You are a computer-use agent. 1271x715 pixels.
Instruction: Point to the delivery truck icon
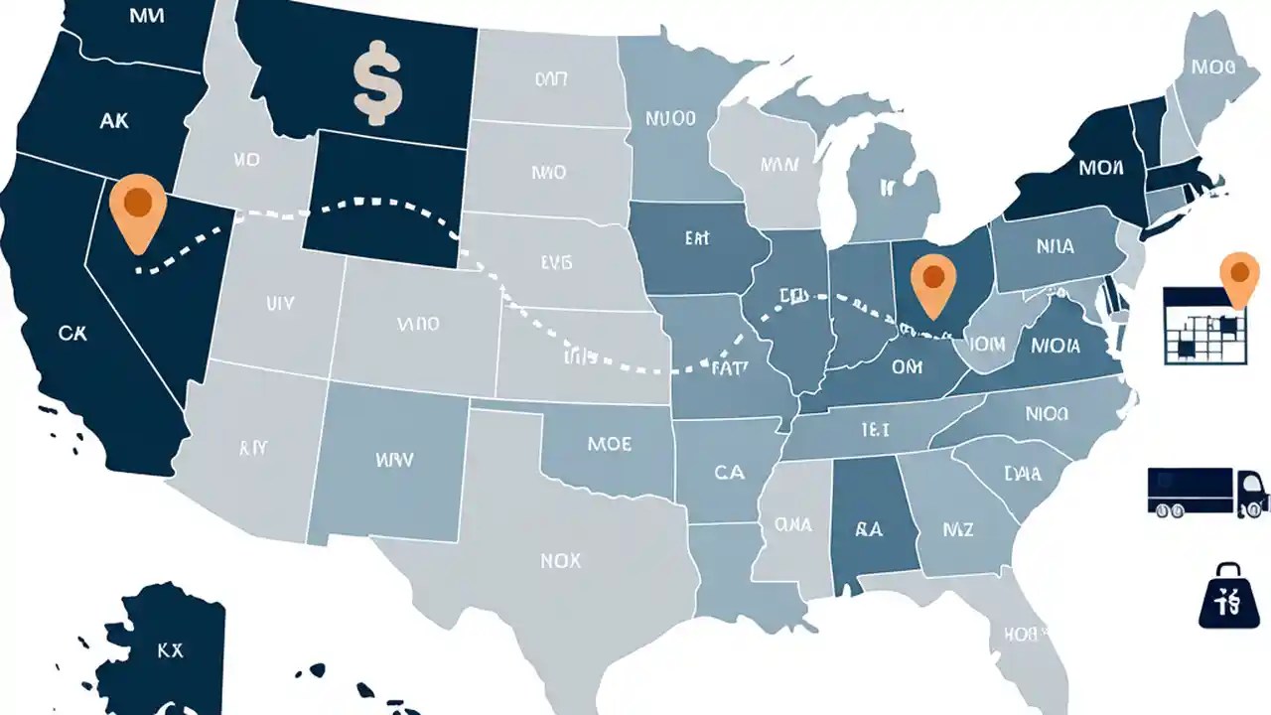click(x=1207, y=492)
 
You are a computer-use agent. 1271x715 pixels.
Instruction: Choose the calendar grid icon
click(x=1203, y=326)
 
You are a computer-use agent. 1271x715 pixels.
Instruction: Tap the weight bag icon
click(x=1229, y=596)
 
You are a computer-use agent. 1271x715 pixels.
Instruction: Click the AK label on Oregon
click(x=114, y=120)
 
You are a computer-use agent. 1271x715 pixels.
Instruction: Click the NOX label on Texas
click(x=560, y=561)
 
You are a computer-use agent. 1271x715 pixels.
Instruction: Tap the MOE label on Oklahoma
click(x=609, y=444)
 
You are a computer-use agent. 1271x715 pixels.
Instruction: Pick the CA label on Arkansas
click(x=729, y=473)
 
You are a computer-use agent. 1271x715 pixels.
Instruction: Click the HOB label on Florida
click(x=1020, y=633)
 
